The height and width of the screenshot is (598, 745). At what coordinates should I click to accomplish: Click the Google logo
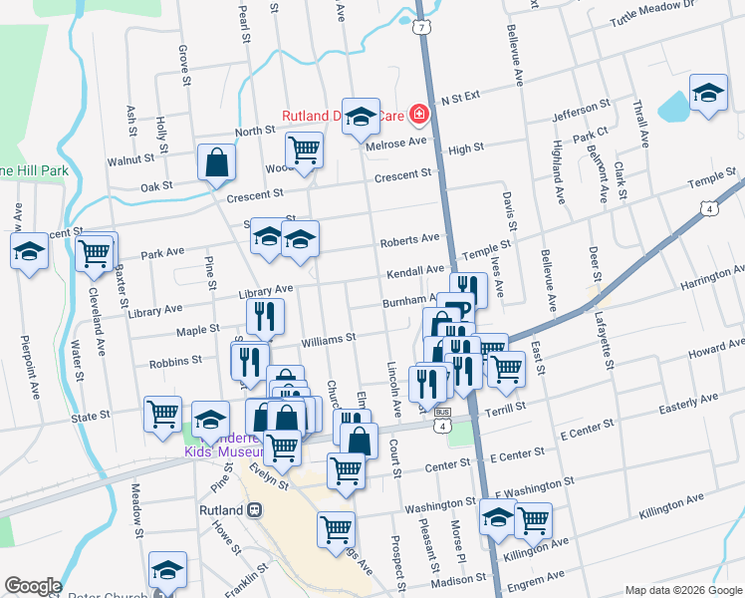pyautogui.click(x=32, y=586)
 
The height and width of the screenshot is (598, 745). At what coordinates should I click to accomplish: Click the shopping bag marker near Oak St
pyautogui.click(x=216, y=162)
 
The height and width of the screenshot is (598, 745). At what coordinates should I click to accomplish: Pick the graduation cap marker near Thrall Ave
pyautogui.click(x=708, y=94)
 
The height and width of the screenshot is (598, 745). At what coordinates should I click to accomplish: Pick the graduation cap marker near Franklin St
pyautogui.click(x=167, y=569)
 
